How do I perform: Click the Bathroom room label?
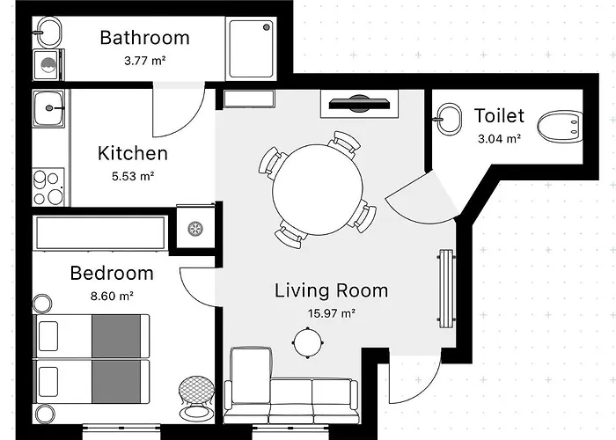[144, 38]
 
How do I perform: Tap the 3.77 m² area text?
[144, 61]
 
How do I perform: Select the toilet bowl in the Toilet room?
[561, 127]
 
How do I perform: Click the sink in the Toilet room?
[449, 119]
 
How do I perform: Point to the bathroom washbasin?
[48, 33]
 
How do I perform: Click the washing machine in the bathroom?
[48, 65]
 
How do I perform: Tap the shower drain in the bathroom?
[267, 27]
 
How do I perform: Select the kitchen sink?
[48, 108]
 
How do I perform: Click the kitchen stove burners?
[48, 187]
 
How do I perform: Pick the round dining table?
[318, 190]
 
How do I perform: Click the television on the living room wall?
[359, 103]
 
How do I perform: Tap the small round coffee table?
[308, 342]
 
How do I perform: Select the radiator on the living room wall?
[446, 289]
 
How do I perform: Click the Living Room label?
[331, 290]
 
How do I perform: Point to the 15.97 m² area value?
[331, 313]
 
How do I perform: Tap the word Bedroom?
[112, 273]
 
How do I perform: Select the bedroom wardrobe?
[100, 232]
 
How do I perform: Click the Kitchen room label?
[133, 153]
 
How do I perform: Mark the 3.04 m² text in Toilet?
[499, 139]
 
